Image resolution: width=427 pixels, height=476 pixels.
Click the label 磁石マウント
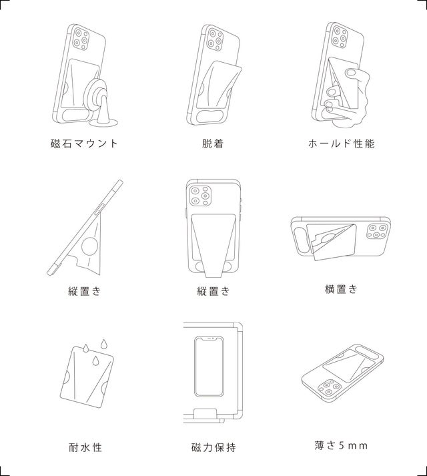[84, 144]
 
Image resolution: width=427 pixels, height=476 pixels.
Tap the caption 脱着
[213, 144]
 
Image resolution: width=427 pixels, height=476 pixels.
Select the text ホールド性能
[342, 144]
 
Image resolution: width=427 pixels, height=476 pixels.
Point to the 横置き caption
[341, 289]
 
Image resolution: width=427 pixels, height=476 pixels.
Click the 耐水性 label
[85, 447]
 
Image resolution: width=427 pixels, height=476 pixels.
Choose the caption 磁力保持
[213, 447]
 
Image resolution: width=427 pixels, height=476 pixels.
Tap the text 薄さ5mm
[341, 445]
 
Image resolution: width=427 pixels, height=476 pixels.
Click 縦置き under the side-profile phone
[84, 291]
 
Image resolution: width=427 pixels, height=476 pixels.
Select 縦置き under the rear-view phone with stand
[213, 291]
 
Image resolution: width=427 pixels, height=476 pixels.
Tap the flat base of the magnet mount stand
[104, 123]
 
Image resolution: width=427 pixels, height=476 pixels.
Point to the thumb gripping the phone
[352, 73]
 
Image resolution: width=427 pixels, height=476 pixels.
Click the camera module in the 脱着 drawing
[216, 39]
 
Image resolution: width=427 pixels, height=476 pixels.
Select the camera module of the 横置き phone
[377, 231]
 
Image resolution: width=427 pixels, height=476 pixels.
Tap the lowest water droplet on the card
[96, 360]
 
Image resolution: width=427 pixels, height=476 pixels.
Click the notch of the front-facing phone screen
[209, 338]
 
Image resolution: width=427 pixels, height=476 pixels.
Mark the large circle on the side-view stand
[91, 246]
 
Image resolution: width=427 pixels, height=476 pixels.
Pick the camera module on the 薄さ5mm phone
[330, 387]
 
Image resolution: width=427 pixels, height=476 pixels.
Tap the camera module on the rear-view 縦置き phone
[200, 196]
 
